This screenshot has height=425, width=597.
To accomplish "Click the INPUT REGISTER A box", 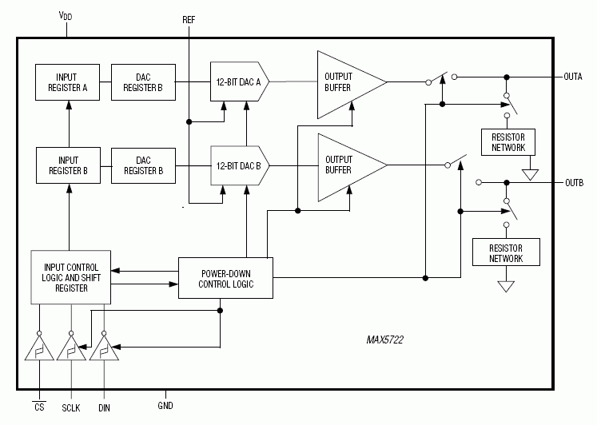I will point(68,82).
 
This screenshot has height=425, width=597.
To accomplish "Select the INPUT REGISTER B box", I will point(68,165).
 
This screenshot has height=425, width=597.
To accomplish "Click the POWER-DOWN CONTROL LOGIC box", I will point(225,278).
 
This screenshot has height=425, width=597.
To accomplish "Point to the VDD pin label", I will point(65,15).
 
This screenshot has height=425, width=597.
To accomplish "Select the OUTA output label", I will point(573,77).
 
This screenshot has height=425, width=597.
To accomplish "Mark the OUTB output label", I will point(573,182).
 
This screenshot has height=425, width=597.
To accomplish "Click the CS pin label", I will point(39,407).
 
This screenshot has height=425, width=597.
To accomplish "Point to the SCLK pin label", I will point(72,407).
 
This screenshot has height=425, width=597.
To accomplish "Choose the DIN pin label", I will point(104,407).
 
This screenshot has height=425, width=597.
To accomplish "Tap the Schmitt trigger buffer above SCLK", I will point(71,350).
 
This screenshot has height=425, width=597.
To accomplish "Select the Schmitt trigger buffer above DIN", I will point(103,350).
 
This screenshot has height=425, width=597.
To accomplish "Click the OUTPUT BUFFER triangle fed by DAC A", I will point(345,81).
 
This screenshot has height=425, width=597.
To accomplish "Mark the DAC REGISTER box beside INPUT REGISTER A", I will point(144,82).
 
